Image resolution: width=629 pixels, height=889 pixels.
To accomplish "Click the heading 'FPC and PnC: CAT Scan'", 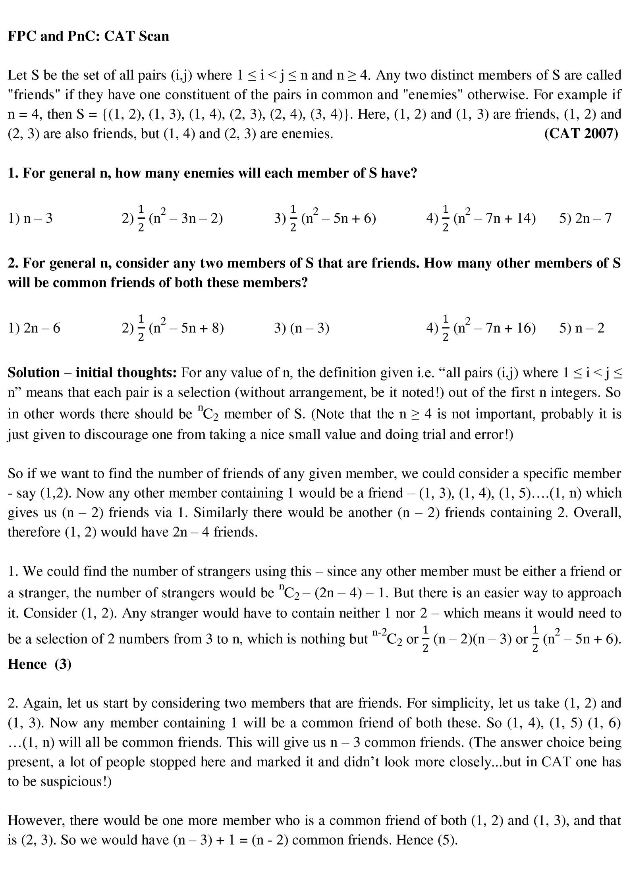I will click(x=88, y=36).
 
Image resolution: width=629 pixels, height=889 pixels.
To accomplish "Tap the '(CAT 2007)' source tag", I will click(x=581, y=134).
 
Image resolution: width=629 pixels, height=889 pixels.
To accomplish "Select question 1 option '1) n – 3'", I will click(x=30, y=218).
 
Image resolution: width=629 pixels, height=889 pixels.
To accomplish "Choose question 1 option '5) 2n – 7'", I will click(x=585, y=218).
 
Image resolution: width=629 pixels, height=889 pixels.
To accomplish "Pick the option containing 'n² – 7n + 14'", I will click(x=480, y=218).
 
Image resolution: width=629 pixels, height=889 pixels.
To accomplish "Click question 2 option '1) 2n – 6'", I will click(x=34, y=328).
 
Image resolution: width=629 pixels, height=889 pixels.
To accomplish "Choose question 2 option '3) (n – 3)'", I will click(x=301, y=328).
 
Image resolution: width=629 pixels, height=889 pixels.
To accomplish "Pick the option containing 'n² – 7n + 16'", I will click(x=480, y=328).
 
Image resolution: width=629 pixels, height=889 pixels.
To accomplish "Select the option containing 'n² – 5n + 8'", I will click(x=173, y=328).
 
